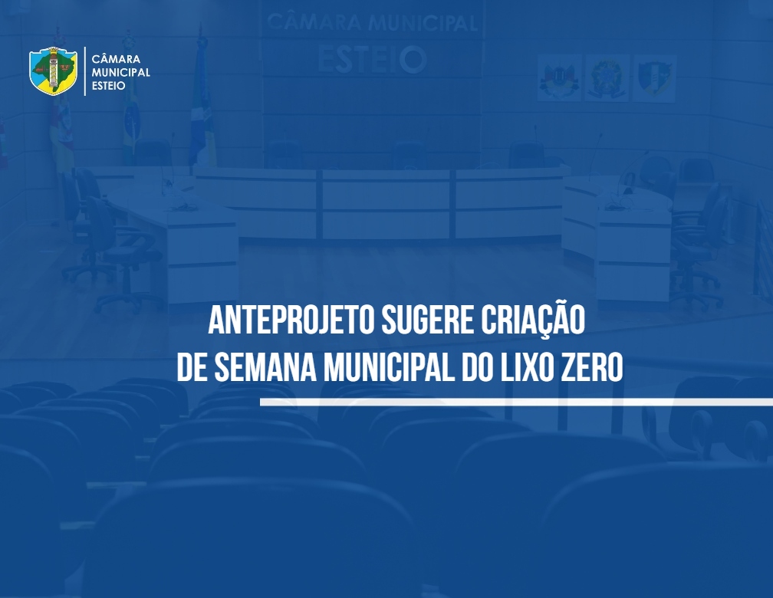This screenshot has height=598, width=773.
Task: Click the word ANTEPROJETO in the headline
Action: click(x=292, y=320)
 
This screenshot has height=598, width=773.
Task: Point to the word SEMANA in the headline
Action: click(x=265, y=367)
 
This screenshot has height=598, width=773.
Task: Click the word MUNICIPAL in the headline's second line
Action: click(x=389, y=367)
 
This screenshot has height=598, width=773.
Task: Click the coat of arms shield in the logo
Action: click(x=53, y=71)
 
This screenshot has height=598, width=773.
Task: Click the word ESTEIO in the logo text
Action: click(x=108, y=86)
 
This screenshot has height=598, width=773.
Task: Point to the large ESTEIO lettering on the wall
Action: click(x=372, y=60)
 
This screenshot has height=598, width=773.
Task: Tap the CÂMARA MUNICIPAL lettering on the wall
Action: click(x=372, y=23)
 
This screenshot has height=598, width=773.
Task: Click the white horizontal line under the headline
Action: click(x=516, y=402)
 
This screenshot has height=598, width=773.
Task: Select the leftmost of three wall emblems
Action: click(x=559, y=78)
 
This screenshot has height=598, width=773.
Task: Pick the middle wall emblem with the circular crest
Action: click(x=607, y=78)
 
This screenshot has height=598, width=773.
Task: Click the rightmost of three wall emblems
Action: click(x=654, y=78)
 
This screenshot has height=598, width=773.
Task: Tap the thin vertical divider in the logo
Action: click(x=85, y=71)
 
